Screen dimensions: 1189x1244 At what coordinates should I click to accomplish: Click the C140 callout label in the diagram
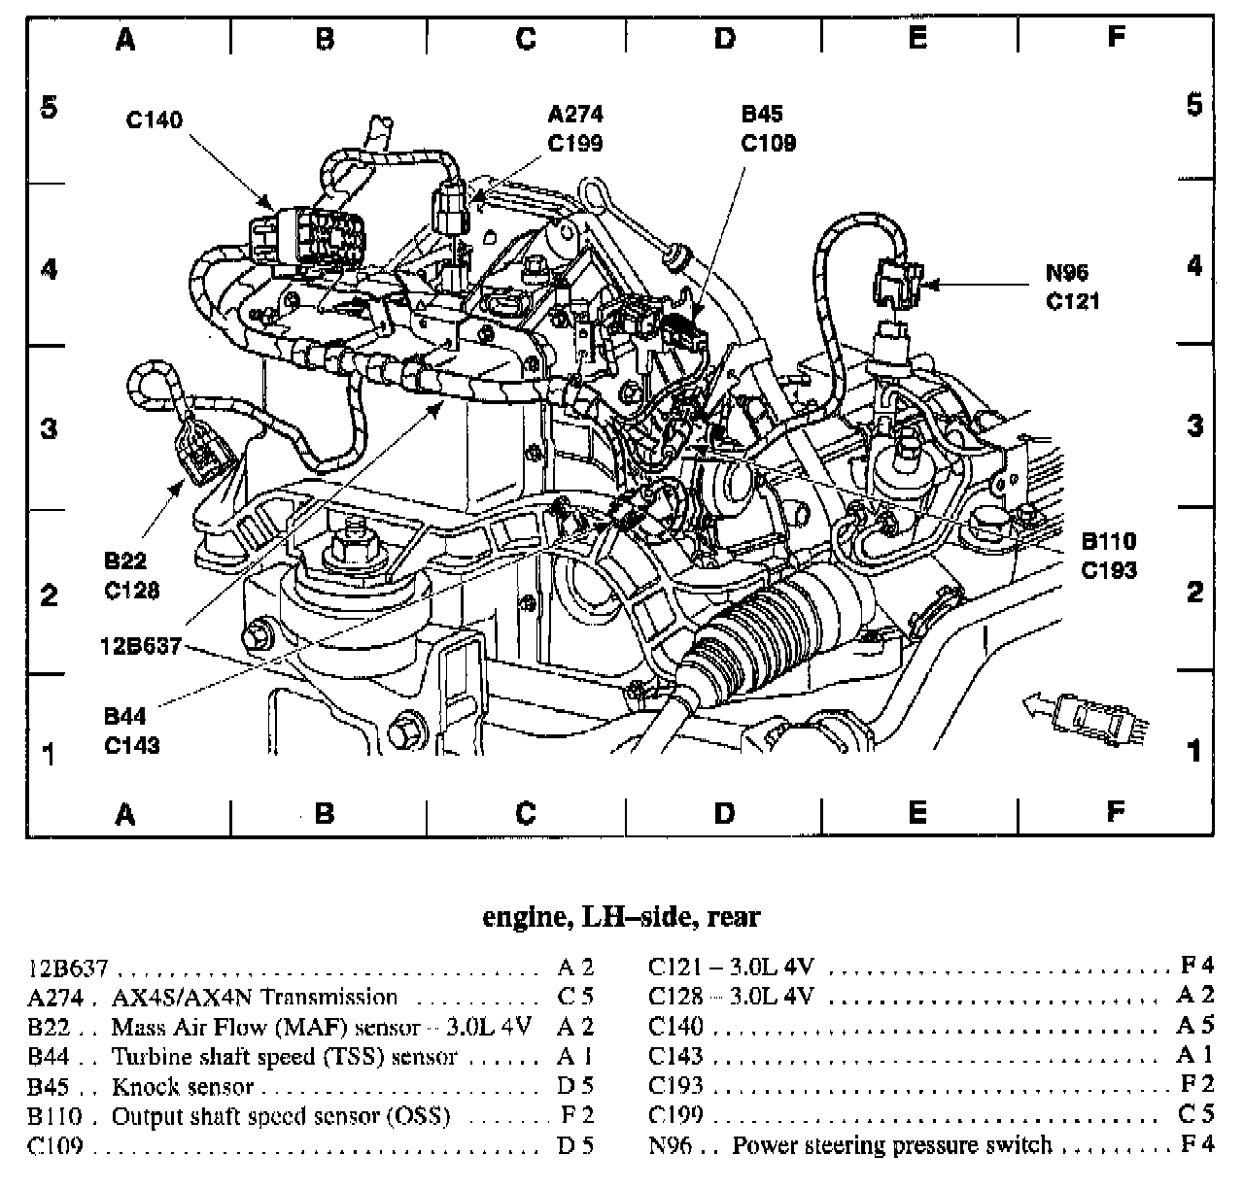click(x=155, y=121)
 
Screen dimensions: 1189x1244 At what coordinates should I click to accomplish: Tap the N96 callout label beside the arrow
click(x=1066, y=273)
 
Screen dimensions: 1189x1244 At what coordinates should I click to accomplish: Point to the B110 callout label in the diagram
click(x=1108, y=541)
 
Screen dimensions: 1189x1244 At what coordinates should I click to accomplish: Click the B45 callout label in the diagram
click(x=761, y=116)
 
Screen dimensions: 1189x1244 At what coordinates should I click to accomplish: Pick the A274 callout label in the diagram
click(x=575, y=116)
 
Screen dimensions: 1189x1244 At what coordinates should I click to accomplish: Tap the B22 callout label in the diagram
click(x=124, y=561)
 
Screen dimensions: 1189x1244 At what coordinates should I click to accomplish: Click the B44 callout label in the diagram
click(x=124, y=718)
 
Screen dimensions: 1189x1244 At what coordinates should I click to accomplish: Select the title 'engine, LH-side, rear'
click(x=621, y=916)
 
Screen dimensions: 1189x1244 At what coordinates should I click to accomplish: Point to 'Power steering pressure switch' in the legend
click(x=891, y=1145)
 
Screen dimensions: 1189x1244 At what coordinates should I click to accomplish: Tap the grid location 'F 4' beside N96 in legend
click(x=1196, y=1145)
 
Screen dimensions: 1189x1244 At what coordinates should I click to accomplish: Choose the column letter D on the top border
click(x=724, y=38)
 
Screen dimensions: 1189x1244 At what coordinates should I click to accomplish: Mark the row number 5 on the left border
click(x=49, y=107)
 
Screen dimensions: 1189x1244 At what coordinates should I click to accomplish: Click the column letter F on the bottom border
click(x=1116, y=812)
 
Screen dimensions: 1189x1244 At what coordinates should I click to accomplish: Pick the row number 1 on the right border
click(x=1194, y=751)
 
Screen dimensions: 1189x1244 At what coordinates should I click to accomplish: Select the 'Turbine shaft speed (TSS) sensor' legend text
click(x=284, y=1057)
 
